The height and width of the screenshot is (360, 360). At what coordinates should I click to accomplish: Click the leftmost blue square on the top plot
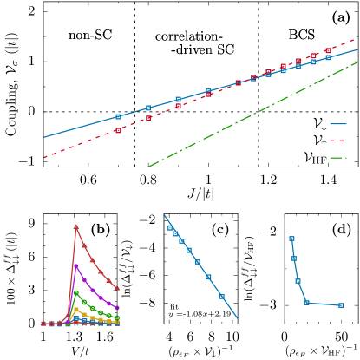point(118,116)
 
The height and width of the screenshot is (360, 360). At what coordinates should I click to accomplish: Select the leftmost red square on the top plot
point(118,130)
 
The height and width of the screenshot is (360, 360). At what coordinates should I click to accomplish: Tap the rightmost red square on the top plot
point(328,51)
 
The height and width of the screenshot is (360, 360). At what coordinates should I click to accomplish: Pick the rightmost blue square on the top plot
point(328,57)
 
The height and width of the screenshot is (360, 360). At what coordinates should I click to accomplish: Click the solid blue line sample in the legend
point(337,124)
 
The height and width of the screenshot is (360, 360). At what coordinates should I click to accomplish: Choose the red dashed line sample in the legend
point(337,141)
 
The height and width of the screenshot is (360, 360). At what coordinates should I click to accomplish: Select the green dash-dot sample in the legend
point(337,158)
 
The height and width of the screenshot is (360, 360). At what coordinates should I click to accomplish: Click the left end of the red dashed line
point(44,158)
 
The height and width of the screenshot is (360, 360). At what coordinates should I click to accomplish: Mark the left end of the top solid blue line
point(44,137)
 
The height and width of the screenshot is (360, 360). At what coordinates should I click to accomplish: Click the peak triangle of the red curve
point(76,226)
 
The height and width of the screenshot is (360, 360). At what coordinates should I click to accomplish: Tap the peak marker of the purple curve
point(76,265)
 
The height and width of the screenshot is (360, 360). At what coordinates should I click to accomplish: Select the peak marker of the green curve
point(76,292)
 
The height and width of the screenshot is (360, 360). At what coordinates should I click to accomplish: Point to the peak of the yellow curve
point(76,309)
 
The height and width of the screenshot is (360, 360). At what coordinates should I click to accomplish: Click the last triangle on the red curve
point(118,288)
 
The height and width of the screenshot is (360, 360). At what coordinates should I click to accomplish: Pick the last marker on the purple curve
point(118,308)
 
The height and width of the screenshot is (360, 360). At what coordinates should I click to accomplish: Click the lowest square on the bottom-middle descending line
point(221,296)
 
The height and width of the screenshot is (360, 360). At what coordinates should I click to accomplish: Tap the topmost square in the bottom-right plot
point(291,238)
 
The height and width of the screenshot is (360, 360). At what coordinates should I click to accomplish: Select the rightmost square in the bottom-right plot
point(341,305)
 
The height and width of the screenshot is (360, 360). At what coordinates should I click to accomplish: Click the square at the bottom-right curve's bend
point(306,303)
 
